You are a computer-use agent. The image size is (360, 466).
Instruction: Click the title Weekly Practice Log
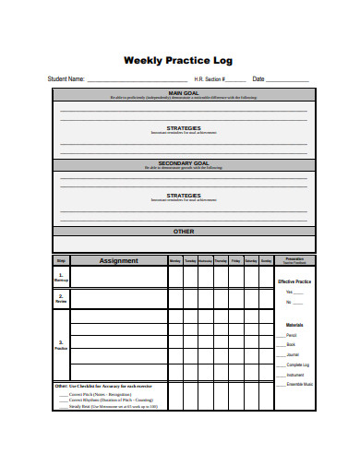point(179,60)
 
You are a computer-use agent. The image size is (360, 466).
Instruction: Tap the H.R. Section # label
point(210,79)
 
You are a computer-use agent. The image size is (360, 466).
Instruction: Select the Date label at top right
point(258,79)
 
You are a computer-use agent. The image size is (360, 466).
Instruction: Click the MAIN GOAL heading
point(183,93)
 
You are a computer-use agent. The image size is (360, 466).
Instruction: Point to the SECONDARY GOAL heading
point(183,162)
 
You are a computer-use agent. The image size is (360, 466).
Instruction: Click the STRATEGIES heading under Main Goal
point(183,128)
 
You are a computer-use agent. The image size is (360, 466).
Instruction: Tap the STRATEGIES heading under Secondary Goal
point(183,196)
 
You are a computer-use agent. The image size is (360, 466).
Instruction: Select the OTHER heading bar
point(183,232)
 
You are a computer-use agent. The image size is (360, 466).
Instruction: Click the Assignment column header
point(118,261)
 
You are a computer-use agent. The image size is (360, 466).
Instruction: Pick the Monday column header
point(175,261)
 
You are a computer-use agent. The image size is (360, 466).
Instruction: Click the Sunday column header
point(266,261)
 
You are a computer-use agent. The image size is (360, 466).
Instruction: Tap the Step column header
point(61,261)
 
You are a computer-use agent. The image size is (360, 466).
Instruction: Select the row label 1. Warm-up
point(61,277)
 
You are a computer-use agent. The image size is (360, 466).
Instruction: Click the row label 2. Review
point(61,299)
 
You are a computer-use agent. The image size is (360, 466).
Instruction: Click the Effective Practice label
point(295,281)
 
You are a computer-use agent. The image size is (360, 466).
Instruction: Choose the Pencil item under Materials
point(292,333)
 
